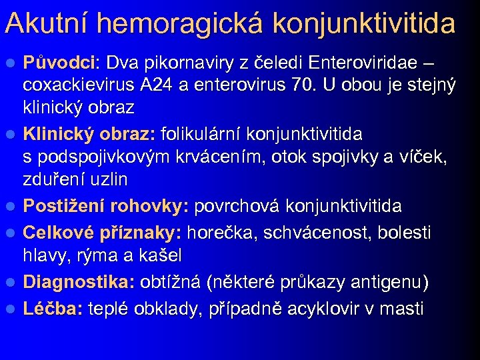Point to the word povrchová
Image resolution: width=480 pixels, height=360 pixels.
point(236,206)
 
